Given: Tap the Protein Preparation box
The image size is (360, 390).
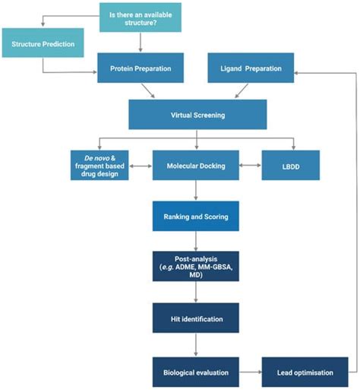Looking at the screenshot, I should (x=141, y=70).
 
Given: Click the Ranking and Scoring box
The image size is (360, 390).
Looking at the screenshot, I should (x=195, y=216).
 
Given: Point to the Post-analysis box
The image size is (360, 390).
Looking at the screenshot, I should (x=195, y=266).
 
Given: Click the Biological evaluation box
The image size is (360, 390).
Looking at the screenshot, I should (x=195, y=372).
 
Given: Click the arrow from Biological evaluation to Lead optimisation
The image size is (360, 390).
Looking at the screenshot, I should (x=250, y=372).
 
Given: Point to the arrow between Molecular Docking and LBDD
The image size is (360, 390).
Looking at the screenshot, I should (x=250, y=165).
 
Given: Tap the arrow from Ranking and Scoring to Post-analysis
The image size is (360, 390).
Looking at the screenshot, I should (x=195, y=241).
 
